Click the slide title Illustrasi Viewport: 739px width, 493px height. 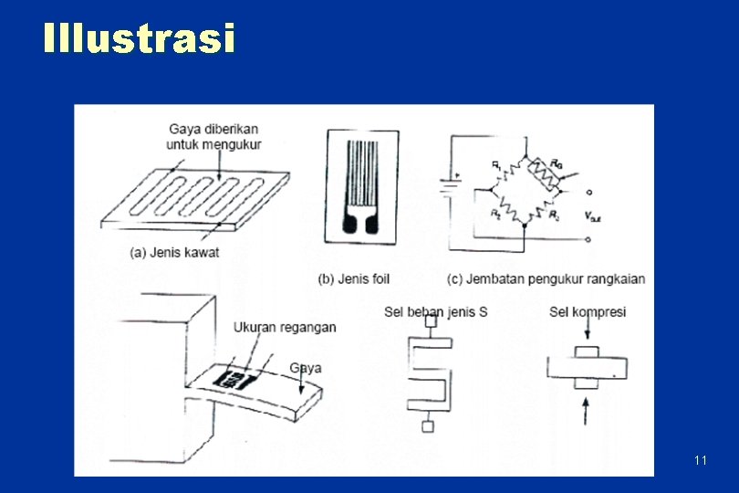(139, 39)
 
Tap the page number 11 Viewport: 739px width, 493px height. (700, 460)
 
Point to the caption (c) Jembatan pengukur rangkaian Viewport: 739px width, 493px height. (546, 278)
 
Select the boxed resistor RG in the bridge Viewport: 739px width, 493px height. (546, 173)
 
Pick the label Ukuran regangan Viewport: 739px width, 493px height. (285, 327)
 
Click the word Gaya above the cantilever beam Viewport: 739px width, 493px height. (305, 368)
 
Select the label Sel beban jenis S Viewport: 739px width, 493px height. (435, 312)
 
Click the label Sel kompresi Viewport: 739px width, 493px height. (587, 312)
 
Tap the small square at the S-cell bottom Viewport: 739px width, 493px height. (426, 427)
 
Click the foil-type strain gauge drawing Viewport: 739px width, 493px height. (363, 188)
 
